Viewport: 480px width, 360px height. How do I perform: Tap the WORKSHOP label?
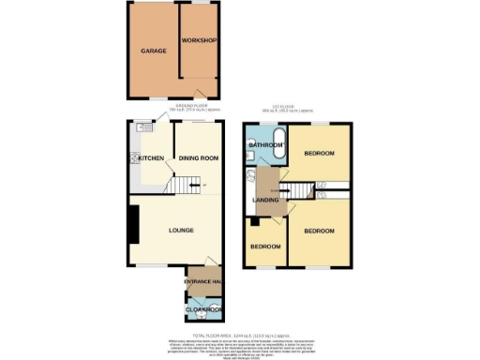[200, 41]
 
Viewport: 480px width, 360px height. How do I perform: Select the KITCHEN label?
[152, 158]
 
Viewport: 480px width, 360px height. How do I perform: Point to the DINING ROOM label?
[199, 158]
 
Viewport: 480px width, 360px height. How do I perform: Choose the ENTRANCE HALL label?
[202, 282]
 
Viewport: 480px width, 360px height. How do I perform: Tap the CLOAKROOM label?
[202, 308]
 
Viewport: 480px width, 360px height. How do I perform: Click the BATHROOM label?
[266, 145]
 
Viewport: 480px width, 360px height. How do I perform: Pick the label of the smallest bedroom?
[265, 247]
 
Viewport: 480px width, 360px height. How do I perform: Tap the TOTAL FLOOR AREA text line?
[239, 335]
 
